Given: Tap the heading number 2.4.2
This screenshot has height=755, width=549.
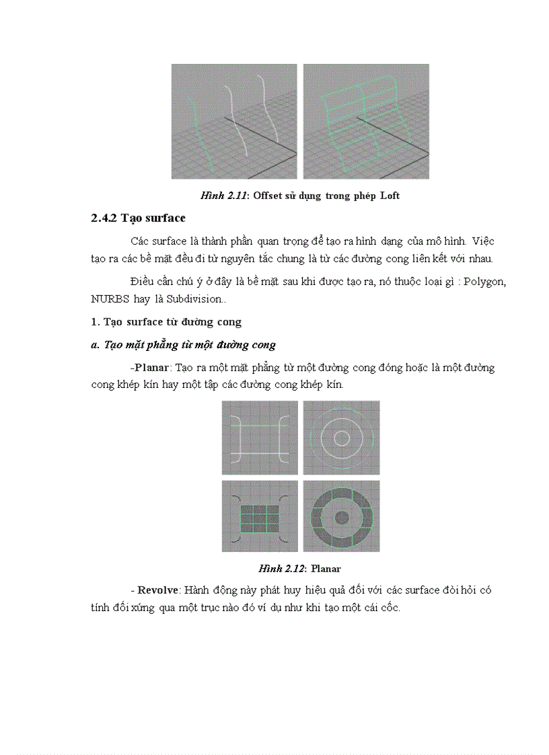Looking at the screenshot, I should coord(104,218).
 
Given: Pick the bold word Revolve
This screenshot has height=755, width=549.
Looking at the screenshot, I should coord(158,590).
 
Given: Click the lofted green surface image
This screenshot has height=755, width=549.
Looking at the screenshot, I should coord(366,121).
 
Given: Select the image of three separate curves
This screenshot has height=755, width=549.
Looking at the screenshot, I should coord(233,121).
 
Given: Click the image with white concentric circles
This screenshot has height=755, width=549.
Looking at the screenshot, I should coord(341,438).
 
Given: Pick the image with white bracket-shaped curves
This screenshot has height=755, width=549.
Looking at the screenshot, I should coord(260,438).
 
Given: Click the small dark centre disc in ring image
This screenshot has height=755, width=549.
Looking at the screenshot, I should coord(341,518).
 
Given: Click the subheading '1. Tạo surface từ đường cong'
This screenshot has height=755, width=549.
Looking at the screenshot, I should coord(166,322).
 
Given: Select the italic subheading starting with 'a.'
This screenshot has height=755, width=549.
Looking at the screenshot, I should coord(183,345).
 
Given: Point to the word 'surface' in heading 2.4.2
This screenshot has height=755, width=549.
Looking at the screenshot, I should coord(164,218).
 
